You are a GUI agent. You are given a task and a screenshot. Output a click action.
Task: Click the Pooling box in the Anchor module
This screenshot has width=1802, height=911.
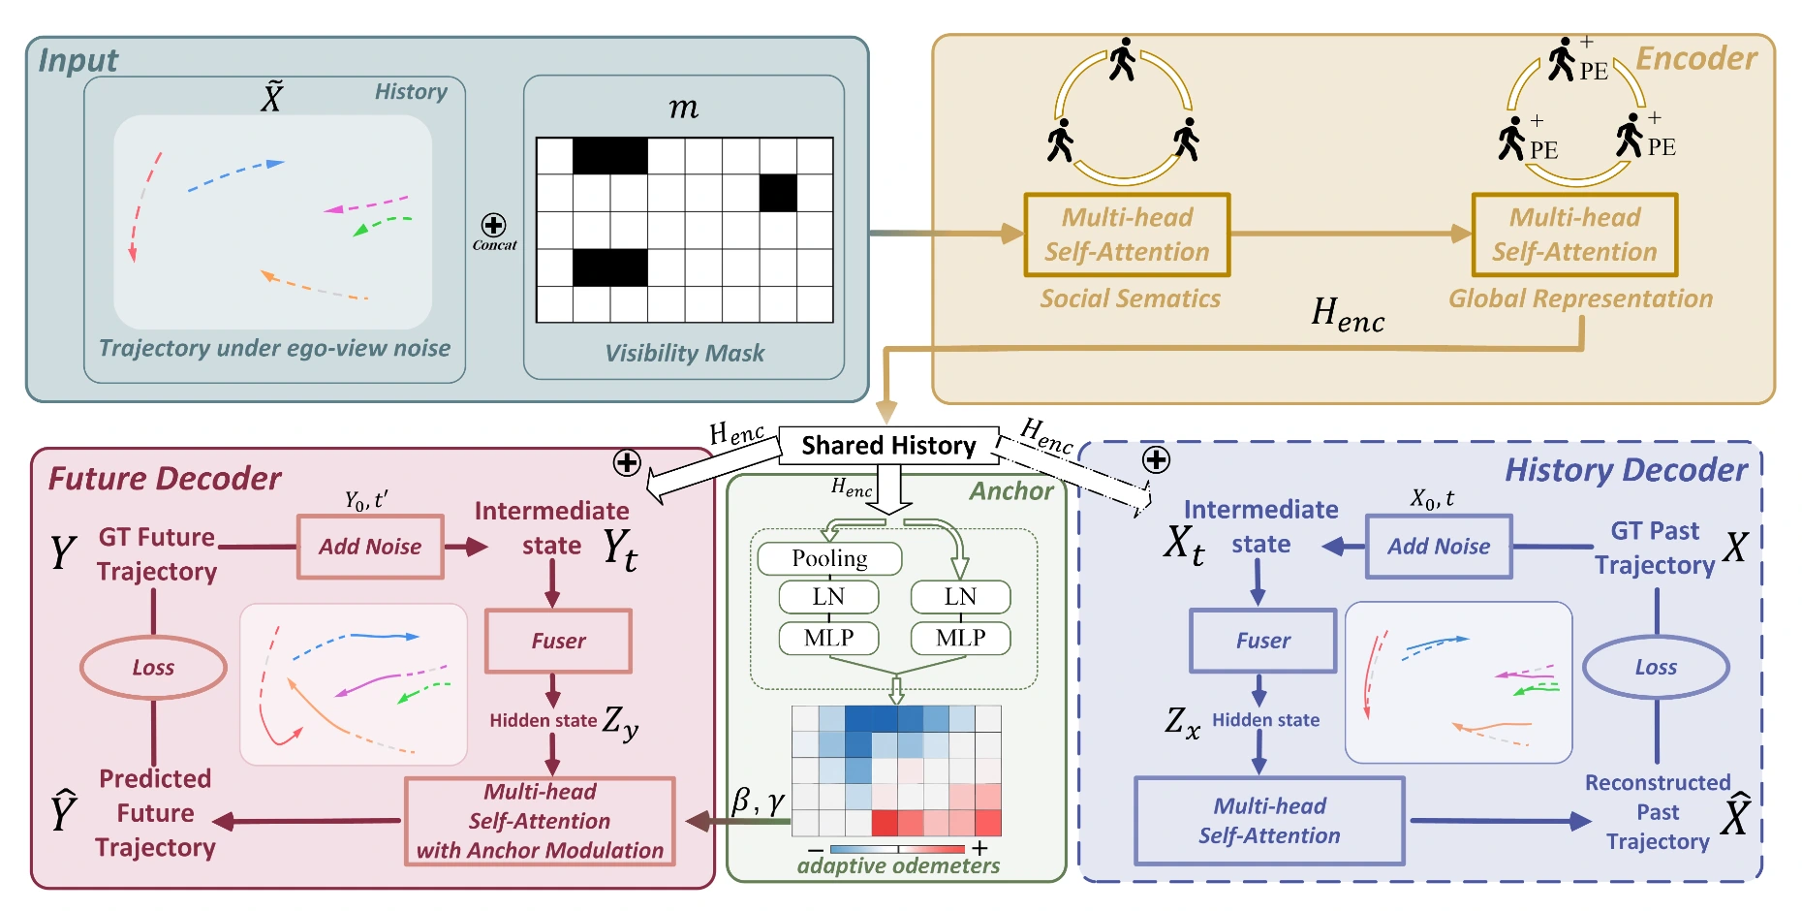tap(829, 558)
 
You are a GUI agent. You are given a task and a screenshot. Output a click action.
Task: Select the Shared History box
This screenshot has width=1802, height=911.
tap(888, 445)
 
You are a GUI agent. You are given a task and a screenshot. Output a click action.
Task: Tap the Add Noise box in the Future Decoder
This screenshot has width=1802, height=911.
tap(370, 547)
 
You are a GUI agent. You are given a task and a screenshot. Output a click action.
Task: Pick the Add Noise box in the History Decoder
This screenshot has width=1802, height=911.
tap(1439, 547)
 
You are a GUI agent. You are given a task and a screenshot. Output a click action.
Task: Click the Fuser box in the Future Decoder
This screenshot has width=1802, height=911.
tap(558, 641)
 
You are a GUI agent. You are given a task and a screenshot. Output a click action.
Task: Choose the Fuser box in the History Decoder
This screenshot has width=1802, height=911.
tap(1262, 641)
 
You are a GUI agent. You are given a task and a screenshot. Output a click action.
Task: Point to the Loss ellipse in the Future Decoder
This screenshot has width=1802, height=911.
tap(153, 668)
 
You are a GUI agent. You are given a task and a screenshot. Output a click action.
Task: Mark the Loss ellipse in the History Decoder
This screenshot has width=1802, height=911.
tap(1656, 668)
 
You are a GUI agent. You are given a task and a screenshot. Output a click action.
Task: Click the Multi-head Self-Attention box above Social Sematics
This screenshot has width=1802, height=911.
tap(1127, 235)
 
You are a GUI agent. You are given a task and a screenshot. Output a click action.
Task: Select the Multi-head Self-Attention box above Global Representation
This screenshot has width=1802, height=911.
tap(1574, 235)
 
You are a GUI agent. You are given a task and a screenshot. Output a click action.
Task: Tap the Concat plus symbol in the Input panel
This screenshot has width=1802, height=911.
tap(493, 226)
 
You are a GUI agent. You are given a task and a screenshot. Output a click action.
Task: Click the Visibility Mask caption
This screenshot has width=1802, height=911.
tap(684, 354)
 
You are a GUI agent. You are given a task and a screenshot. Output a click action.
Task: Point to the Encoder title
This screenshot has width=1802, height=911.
tap(1695, 59)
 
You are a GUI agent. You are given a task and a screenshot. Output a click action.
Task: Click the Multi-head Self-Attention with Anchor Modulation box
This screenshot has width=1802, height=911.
tap(540, 821)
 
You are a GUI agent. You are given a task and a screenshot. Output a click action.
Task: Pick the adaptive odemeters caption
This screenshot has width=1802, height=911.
tap(898, 866)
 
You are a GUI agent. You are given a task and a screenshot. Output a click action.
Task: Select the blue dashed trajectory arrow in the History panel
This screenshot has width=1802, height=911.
tap(235, 174)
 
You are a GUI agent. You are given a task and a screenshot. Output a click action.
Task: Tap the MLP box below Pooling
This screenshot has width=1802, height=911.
tap(828, 638)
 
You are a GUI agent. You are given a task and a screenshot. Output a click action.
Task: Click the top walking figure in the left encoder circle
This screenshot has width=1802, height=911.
tap(1122, 59)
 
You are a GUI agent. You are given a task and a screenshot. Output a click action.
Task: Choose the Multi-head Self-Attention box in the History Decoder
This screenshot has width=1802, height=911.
tap(1269, 821)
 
